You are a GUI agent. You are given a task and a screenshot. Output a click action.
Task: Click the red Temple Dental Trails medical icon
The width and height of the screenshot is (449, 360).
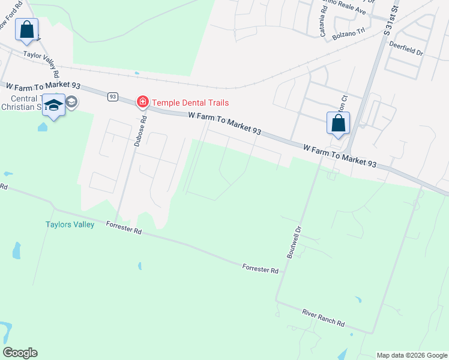pyautogui.click(x=143, y=102)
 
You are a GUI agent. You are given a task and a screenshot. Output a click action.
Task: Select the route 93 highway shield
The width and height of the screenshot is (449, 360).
pyautogui.click(x=113, y=96)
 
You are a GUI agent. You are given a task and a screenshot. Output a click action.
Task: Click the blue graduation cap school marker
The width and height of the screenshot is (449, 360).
pyautogui.click(x=54, y=106)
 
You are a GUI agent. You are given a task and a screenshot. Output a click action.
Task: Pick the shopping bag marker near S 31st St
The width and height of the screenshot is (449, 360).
pyautogui.click(x=338, y=123)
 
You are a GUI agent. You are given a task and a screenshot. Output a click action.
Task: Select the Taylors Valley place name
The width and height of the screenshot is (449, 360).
pyautogui.click(x=70, y=225)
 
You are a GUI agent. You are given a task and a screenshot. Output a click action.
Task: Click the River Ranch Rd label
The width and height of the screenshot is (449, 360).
pyautogui.click(x=323, y=318)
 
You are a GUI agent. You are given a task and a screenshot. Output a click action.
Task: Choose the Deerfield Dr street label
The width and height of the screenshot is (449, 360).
pyautogui.click(x=406, y=49)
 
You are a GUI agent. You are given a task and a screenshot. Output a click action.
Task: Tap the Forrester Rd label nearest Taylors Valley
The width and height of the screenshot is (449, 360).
pyautogui.click(x=124, y=227)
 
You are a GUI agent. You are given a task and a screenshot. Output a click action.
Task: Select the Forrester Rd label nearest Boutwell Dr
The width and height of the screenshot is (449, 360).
pyautogui.click(x=261, y=268)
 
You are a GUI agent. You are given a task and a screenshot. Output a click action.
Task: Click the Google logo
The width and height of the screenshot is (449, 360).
pyautogui.click(x=20, y=353)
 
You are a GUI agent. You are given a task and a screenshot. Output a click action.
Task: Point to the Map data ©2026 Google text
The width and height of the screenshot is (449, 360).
pyautogui.click(x=412, y=355)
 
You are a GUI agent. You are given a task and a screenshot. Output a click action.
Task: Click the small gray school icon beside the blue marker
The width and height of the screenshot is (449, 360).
pyautogui.click(x=71, y=101)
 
